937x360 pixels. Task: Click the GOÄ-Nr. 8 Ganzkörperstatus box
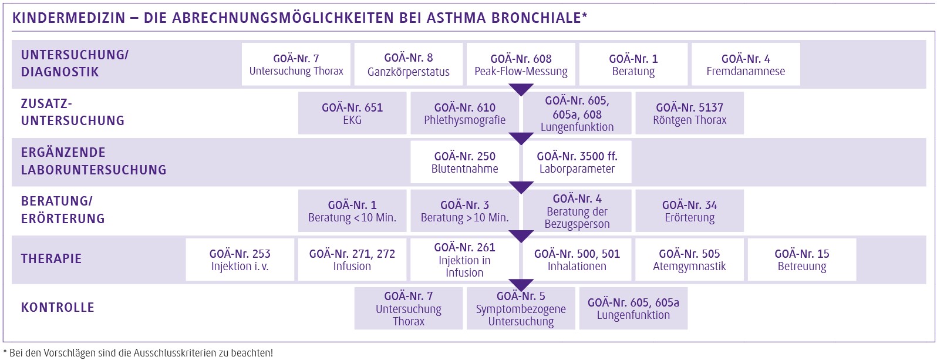(x=408, y=65)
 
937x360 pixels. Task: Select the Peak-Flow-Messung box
(x=521, y=65)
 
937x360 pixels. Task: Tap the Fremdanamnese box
(x=746, y=65)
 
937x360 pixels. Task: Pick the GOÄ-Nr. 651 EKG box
(x=352, y=113)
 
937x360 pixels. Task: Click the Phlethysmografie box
(x=464, y=113)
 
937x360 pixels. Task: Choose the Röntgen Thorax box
(x=689, y=113)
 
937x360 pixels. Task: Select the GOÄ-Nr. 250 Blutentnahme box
(x=464, y=162)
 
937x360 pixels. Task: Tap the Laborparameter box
(x=577, y=162)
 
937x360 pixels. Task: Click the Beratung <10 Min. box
(x=352, y=211)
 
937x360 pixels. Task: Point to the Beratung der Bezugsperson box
(x=577, y=211)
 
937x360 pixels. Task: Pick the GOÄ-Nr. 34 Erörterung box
(x=689, y=211)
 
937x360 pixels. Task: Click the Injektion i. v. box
(x=240, y=260)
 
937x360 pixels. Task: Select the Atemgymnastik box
(x=689, y=260)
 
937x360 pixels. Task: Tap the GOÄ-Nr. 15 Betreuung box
(x=801, y=260)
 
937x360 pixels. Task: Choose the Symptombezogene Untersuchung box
(x=521, y=309)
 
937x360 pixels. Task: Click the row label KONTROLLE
(x=58, y=308)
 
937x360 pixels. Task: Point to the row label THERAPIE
(x=51, y=259)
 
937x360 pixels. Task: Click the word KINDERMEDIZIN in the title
(x=69, y=18)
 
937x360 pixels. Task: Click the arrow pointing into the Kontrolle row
(x=521, y=285)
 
